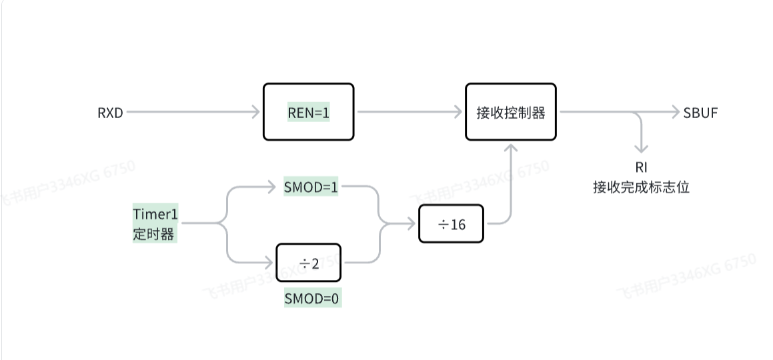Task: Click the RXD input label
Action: (111, 113)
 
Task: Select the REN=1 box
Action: (308, 112)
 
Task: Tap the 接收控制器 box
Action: (510, 112)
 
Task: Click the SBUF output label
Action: (700, 113)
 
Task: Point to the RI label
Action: (642, 167)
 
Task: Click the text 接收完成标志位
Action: (641, 187)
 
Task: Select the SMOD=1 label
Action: (311, 188)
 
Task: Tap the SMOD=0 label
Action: (312, 299)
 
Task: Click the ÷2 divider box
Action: (309, 263)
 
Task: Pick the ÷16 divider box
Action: (452, 224)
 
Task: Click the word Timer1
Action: (156, 214)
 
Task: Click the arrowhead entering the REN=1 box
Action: (256, 113)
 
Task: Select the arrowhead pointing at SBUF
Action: (674, 113)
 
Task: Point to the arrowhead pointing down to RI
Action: (642, 149)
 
